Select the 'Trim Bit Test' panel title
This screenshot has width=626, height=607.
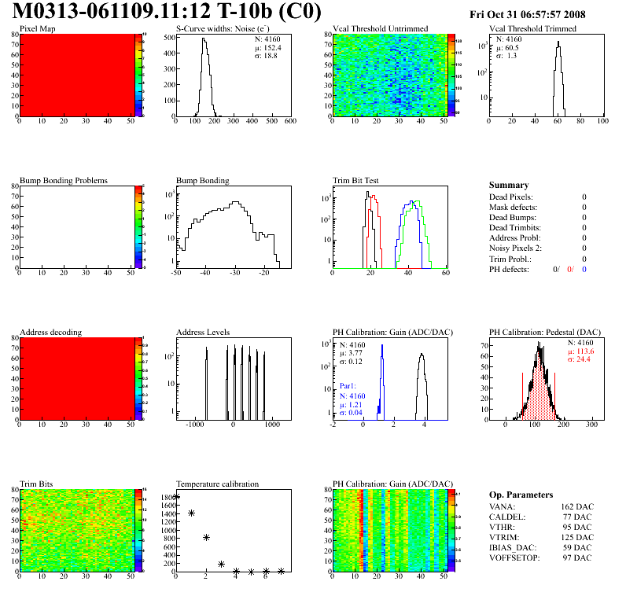(356, 181)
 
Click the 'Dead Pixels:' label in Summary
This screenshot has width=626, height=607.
(511, 197)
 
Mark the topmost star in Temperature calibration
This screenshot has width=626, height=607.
(176, 497)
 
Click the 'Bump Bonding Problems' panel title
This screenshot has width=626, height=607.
(64, 181)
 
